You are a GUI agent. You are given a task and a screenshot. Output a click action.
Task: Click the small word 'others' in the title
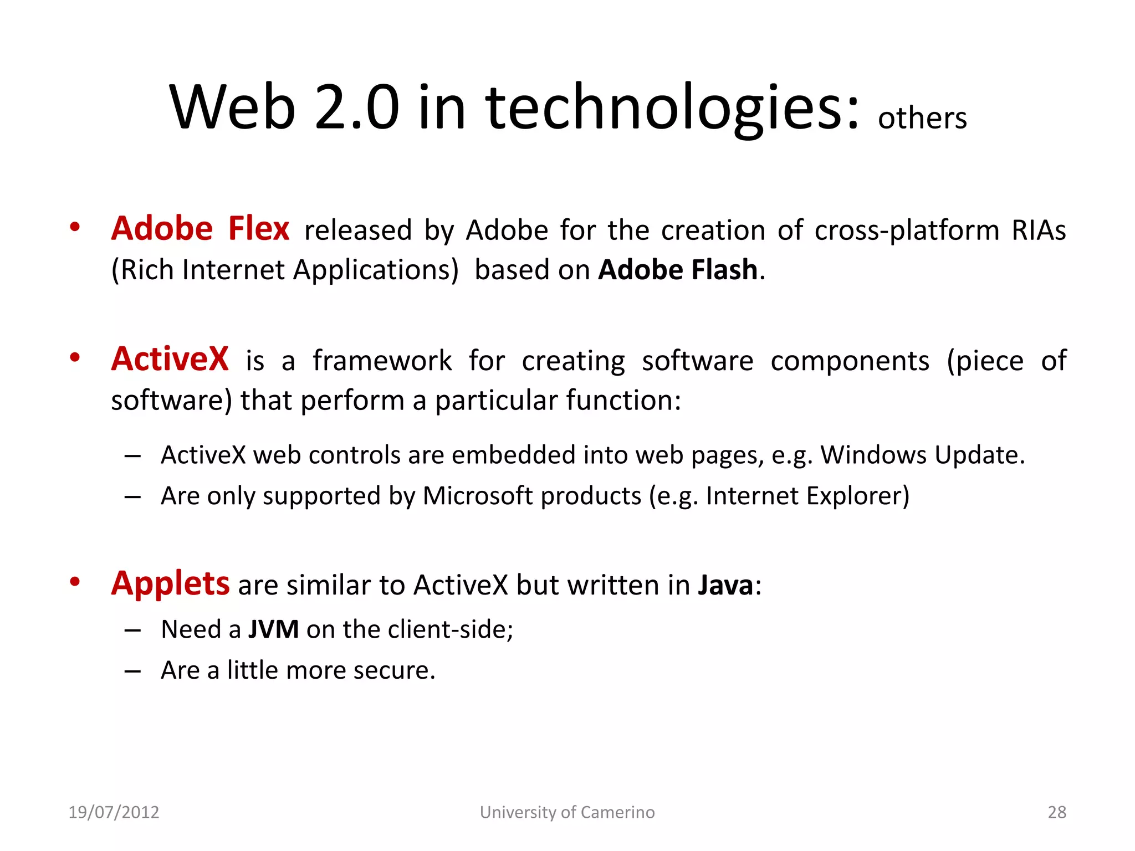pos(922,119)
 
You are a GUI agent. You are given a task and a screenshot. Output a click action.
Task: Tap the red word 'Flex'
pos(259,229)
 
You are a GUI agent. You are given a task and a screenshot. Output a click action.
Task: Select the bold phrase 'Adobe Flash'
pos(677,270)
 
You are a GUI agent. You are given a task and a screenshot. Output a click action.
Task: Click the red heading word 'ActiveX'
pos(170,359)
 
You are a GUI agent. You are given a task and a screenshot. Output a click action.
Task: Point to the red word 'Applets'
pos(170,584)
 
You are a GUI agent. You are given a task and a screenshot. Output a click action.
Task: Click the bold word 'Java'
pos(725,585)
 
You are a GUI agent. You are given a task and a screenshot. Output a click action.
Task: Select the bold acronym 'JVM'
pos(273,629)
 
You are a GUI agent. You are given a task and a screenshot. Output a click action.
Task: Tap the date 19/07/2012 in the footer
pos(114,812)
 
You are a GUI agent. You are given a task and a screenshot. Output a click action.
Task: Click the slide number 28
pos(1056,812)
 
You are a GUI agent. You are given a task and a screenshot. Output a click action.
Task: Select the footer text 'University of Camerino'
pos(567,812)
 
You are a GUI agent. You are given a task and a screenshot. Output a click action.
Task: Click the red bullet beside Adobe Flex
pos(75,227)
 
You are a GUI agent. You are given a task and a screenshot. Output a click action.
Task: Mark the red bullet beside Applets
pos(75,582)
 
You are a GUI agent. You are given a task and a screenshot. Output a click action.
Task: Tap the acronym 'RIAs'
pos(1038,230)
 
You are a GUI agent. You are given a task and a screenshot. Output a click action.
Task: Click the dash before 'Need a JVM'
pos(132,630)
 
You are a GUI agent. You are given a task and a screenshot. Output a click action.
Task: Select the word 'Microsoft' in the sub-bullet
pos(477,496)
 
